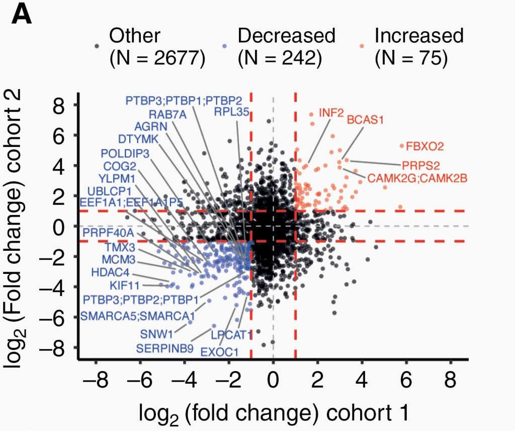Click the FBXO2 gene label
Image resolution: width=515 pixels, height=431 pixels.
pyautogui.click(x=425, y=147)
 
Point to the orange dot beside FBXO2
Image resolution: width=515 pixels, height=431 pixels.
pyautogui.click(x=401, y=146)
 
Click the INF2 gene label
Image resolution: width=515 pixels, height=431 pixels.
pyautogui.click(x=331, y=112)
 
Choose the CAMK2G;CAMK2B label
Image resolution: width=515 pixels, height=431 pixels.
pyautogui.click(x=417, y=178)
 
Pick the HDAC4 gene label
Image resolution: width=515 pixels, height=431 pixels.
pyautogui.click(x=110, y=272)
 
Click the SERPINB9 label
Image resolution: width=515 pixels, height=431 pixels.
pyautogui.click(x=162, y=348)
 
